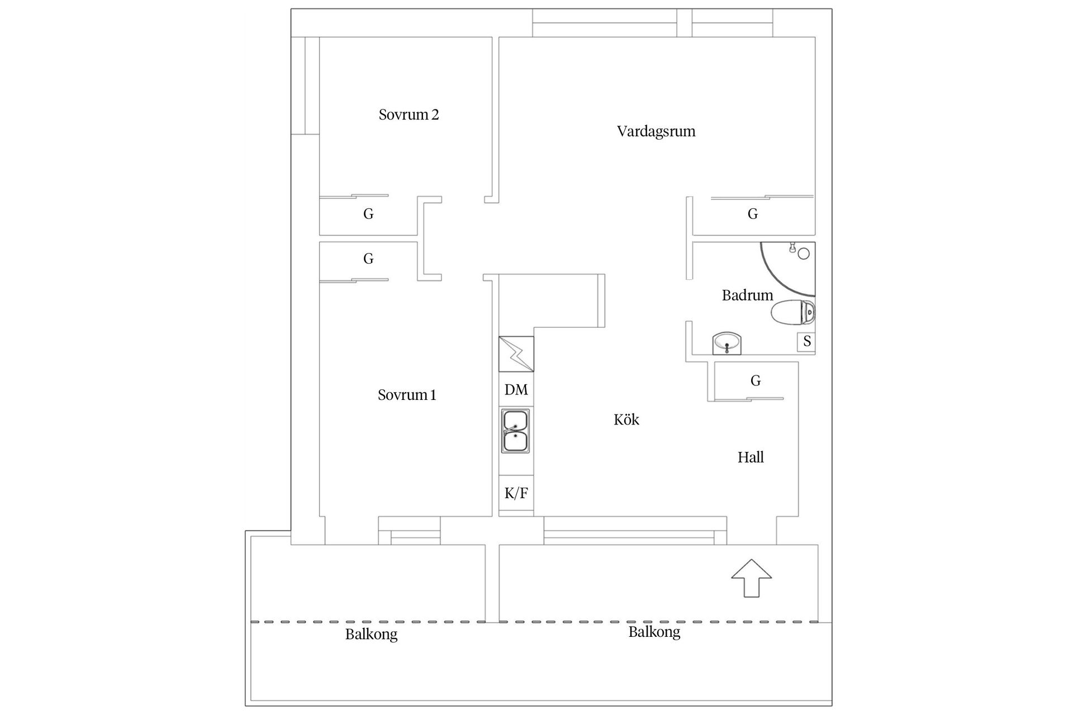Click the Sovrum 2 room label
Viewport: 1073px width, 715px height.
tap(409, 115)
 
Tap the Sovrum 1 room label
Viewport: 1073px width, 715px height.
tap(406, 395)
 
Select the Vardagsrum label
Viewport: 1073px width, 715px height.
tap(656, 131)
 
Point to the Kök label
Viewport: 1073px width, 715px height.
tap(626, 420)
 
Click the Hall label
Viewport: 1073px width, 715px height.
tap(750, 457)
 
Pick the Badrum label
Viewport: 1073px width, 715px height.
tap(747, 295)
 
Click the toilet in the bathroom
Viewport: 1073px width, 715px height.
tap(792, 312)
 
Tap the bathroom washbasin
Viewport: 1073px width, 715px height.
tap(727, 342)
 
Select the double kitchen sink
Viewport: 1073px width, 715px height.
tap(515, 431)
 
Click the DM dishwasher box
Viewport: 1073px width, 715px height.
tap(516, 389)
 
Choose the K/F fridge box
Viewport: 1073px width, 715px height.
tap(516, 493)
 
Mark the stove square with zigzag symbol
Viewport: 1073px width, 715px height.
tap(516, 354)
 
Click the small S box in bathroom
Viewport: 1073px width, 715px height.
tap(806, 341)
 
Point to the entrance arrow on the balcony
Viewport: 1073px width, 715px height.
tap(751, 578)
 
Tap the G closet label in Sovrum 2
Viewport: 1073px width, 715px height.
tap(368, 214)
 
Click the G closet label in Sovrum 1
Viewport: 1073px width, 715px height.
tap(368, 259)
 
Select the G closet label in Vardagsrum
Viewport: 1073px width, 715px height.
tap(752, 214)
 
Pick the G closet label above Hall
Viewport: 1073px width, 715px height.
tap(755, 380)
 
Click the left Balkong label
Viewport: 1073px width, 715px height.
tap(371, 635)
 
